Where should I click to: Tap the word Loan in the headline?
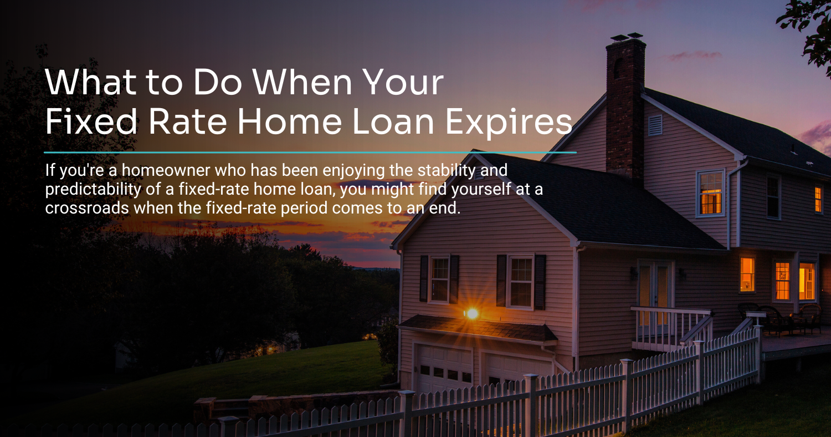pyautogui.click(x=393, y=121)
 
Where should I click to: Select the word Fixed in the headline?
pyautogui.click(x=91, y=121)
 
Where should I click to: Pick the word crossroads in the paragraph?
pyautogui.click(x=87, y=209)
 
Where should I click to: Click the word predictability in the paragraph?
pyautogui.click(x=93, y=190)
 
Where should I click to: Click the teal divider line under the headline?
pyautogui.click(x=310, y=152)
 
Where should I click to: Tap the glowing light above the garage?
pyautogui.click(x=472, y=314)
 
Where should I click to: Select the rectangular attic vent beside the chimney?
pyautogui.click(x=655, y=125)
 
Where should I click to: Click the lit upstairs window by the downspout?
pyautogui.click(x=710, y=193)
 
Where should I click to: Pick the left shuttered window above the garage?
pyautogui.click(x=440, y=278)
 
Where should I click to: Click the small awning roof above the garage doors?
pyautogui.click(x=478, y=327)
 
